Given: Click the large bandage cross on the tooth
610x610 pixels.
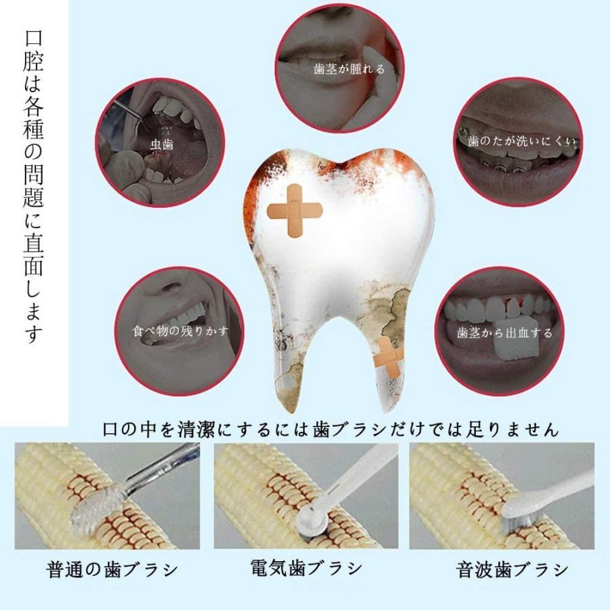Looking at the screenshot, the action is pos(295,211).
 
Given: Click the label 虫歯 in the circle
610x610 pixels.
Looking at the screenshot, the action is pos(162,145).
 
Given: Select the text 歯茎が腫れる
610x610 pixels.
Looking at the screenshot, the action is pos(349,69).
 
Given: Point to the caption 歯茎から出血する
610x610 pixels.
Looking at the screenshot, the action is pos(504,333).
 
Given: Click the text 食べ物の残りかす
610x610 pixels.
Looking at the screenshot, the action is pos(180,331).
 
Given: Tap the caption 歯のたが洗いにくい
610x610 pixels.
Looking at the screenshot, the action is pos(521,141).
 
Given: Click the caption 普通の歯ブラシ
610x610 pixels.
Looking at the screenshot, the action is pos(112,570).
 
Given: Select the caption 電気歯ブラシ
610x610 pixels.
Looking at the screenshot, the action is pos(306,567).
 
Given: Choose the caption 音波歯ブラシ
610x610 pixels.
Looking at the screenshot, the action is pos(512,570).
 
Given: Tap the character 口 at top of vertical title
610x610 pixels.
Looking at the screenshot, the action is pos(33,38).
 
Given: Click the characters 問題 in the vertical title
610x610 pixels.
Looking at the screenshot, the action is pos(33,185).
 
